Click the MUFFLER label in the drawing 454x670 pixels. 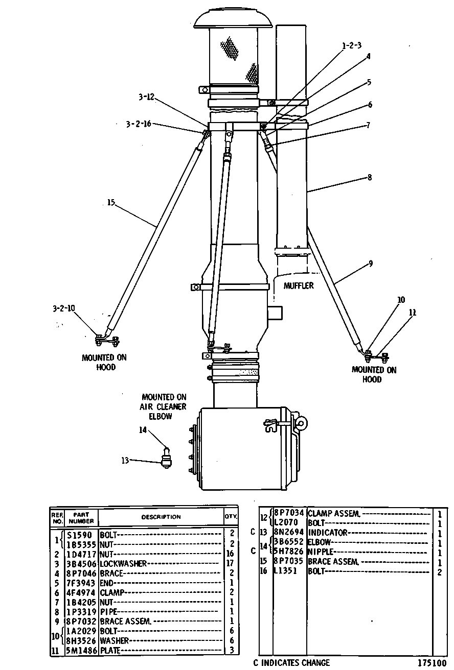pos(299,285)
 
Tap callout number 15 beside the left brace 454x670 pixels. pos(111,203)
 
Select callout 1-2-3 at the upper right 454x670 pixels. pos(352,45)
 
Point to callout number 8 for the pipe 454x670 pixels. pos(370,177)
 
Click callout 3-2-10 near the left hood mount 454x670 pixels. pos(64,308)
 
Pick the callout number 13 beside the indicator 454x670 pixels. pos(125,460)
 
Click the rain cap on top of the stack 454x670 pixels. pos(233,18)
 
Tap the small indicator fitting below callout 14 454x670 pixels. pos(166,458)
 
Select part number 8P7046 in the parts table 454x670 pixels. pos(81,573)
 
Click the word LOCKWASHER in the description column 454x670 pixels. pos(123,563)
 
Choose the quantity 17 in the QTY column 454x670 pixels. pos(230,563)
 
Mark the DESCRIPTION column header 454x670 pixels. pos(161,517)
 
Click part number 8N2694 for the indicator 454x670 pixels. pos(289,532)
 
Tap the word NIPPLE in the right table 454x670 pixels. pos(321,551)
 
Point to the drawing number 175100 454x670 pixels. pos(432,663)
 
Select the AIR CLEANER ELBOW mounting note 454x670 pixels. pos(164,406)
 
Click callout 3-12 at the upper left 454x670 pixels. pos(146,97)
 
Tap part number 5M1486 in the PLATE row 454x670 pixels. pos(81,651)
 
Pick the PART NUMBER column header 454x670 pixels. pos(81,518)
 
